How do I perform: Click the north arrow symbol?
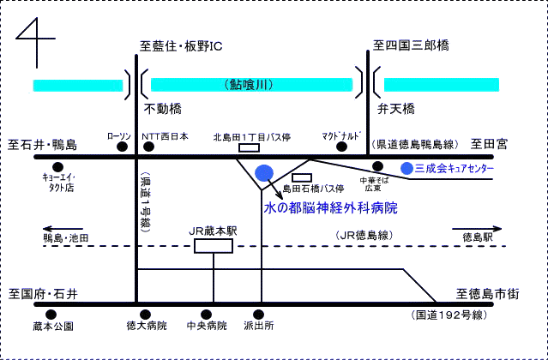(x=37, y=39)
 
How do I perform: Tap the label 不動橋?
(x=163, y=109)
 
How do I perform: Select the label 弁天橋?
(x=396, y=109)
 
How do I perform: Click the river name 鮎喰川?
(x=250, y=85)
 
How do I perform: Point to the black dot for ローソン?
(x=122, y=147)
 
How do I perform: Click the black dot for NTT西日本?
(x=149, y=147)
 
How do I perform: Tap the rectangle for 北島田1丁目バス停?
(x=250, y=147)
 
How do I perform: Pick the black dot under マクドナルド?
(x=342, y=147)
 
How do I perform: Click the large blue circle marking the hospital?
(x=264, y=173)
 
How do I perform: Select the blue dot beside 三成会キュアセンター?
(x=406, y=168)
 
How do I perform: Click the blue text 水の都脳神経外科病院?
(x=331, y=208)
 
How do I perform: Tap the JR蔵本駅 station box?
(x=214, y=246)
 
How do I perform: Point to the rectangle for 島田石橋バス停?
(x=302, y=177)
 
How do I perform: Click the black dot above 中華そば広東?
(x=377, y=166)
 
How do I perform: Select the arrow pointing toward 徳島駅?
(x=477, y=229)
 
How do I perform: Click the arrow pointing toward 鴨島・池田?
(x=63, y=229)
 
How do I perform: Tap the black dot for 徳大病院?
(x=146, y=315)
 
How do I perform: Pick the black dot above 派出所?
(x=259, y=315)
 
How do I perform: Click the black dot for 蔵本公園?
(x=51, y=315)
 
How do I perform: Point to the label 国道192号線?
(x=449, y=315)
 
